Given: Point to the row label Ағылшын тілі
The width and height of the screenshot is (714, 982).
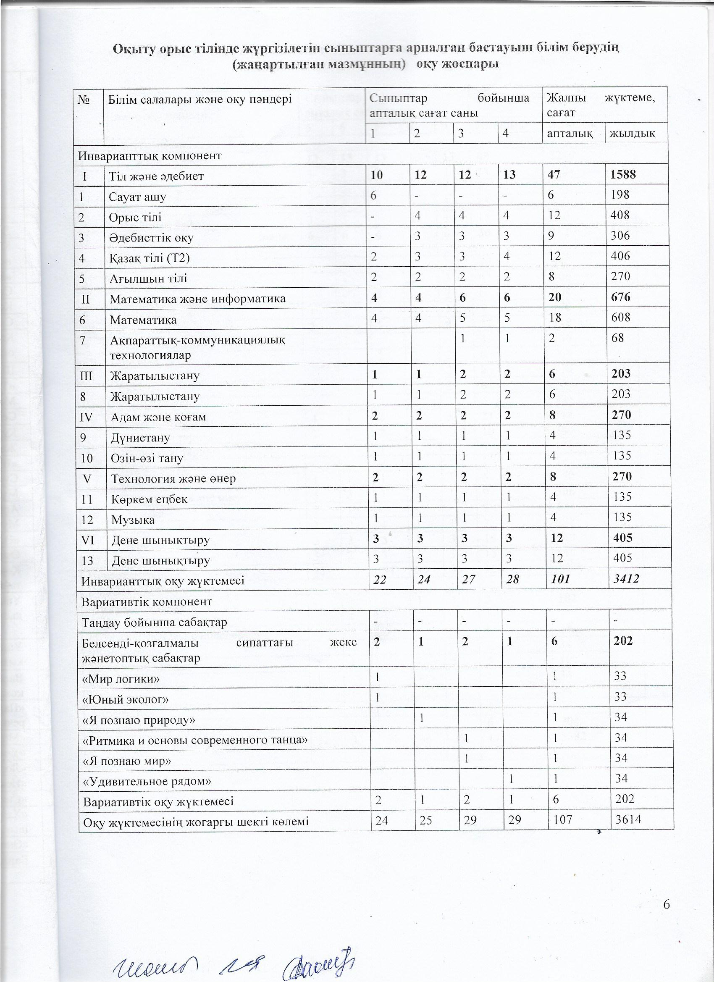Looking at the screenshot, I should pyautogui.click(x=148, y=278).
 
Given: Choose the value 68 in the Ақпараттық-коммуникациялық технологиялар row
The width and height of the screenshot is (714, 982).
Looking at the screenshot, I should pyautogui.click(x=618, y=337).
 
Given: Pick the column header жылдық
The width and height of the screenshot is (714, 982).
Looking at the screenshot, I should pyautogui.click(x=632, y=134).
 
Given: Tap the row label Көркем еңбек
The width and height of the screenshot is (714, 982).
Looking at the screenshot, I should pyautogui.click(x=150, y=499).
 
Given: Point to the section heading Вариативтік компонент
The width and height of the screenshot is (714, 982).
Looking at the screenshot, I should pyautogui.click(x=147, y=601).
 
